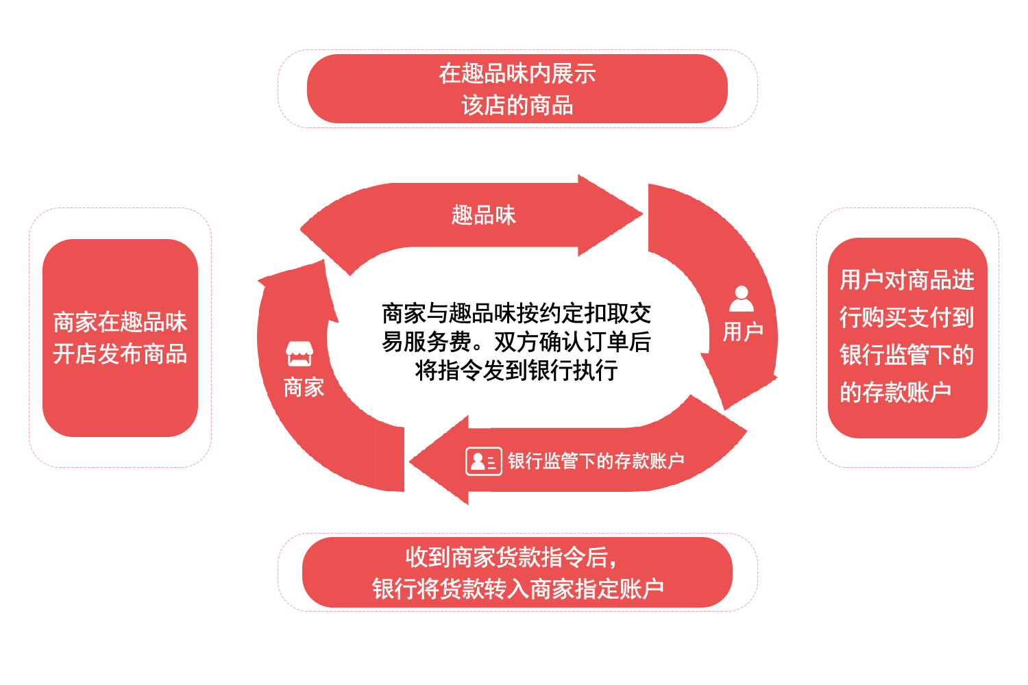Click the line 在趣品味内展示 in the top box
[x=517, y=73]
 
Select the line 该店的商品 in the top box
[x=517, y=105]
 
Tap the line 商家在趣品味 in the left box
[x=120, y=322]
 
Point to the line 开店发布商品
[x=120, y=354]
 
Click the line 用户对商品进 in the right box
[x=907, y=280]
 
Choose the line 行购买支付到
[x=907, y=317]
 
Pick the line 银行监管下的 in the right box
[x=907, y=355]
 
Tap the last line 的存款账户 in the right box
[x=895, y=393]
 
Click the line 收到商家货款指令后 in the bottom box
[x=511, y=557]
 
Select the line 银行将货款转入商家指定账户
[x=517, y=588]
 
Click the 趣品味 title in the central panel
[x=483, y=215]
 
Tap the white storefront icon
[x=299, y=353]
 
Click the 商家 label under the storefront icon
[x=304, y=388]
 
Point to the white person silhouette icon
[x=742, y=299]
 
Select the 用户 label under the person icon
[x=743, y=332]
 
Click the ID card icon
[x=483, y=461]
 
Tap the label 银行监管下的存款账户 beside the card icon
[x=596, y=461]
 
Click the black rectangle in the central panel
[x=515, y=341]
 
